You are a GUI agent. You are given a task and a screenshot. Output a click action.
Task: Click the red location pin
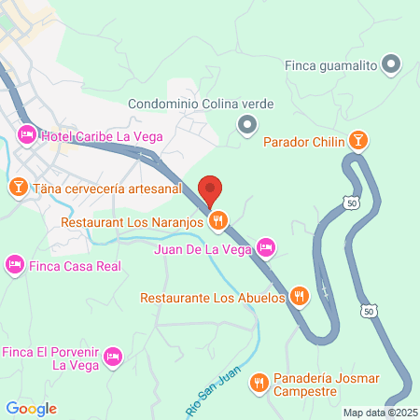point(210,190)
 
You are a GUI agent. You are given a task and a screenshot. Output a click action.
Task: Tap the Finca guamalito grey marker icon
point(393,64)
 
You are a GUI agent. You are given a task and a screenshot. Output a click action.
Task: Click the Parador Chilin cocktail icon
point(357,142)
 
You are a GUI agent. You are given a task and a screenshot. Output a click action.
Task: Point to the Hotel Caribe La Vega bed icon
point(27,136)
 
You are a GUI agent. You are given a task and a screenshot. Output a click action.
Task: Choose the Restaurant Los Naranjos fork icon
point(217,221)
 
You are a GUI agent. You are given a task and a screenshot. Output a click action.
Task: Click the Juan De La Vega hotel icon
point(265,247)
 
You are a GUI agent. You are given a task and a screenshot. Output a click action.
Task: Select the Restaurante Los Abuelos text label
point(212,299)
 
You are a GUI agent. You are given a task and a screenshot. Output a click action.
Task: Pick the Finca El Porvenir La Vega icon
point(113,356)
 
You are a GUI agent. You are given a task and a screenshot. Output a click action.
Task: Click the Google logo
point(31,409)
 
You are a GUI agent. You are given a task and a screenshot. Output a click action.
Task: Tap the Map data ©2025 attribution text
point(380,413)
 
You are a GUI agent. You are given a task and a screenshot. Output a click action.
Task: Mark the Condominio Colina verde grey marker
point(247,123)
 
